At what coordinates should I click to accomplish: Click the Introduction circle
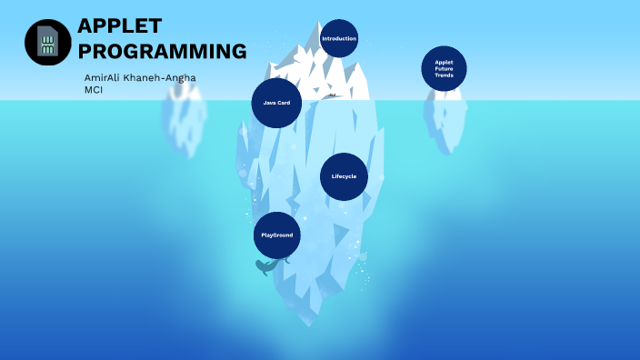(339, 38)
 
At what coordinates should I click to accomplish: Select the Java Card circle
(276, 103)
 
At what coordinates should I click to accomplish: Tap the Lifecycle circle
(344, 175)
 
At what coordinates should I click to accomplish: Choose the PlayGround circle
(276, 235)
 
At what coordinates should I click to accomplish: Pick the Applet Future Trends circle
(444, 68)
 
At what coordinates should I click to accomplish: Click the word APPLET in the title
(120, 25)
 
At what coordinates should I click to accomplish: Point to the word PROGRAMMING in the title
(163, 51)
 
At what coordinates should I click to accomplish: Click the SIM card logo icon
(47, 42)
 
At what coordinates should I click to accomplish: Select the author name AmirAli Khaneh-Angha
(139, 77)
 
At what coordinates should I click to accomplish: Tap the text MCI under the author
(94, 90)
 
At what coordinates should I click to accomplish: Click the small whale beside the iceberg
(267, 266)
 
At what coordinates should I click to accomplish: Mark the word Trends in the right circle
(444, 75)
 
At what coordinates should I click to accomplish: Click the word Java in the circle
(270, 103)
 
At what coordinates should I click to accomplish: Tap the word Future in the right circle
(444, 68)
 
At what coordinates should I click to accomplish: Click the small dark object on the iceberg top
(333, 95)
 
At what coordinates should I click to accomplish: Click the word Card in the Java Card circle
(284, 103)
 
